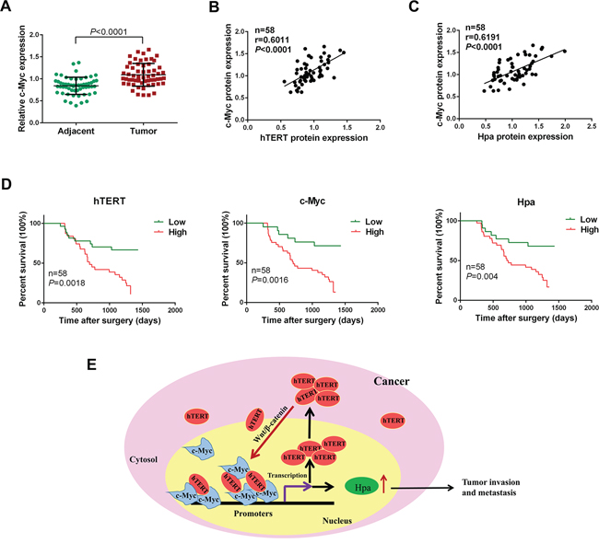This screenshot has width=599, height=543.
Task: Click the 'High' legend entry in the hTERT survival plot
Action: tap(179, 236)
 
